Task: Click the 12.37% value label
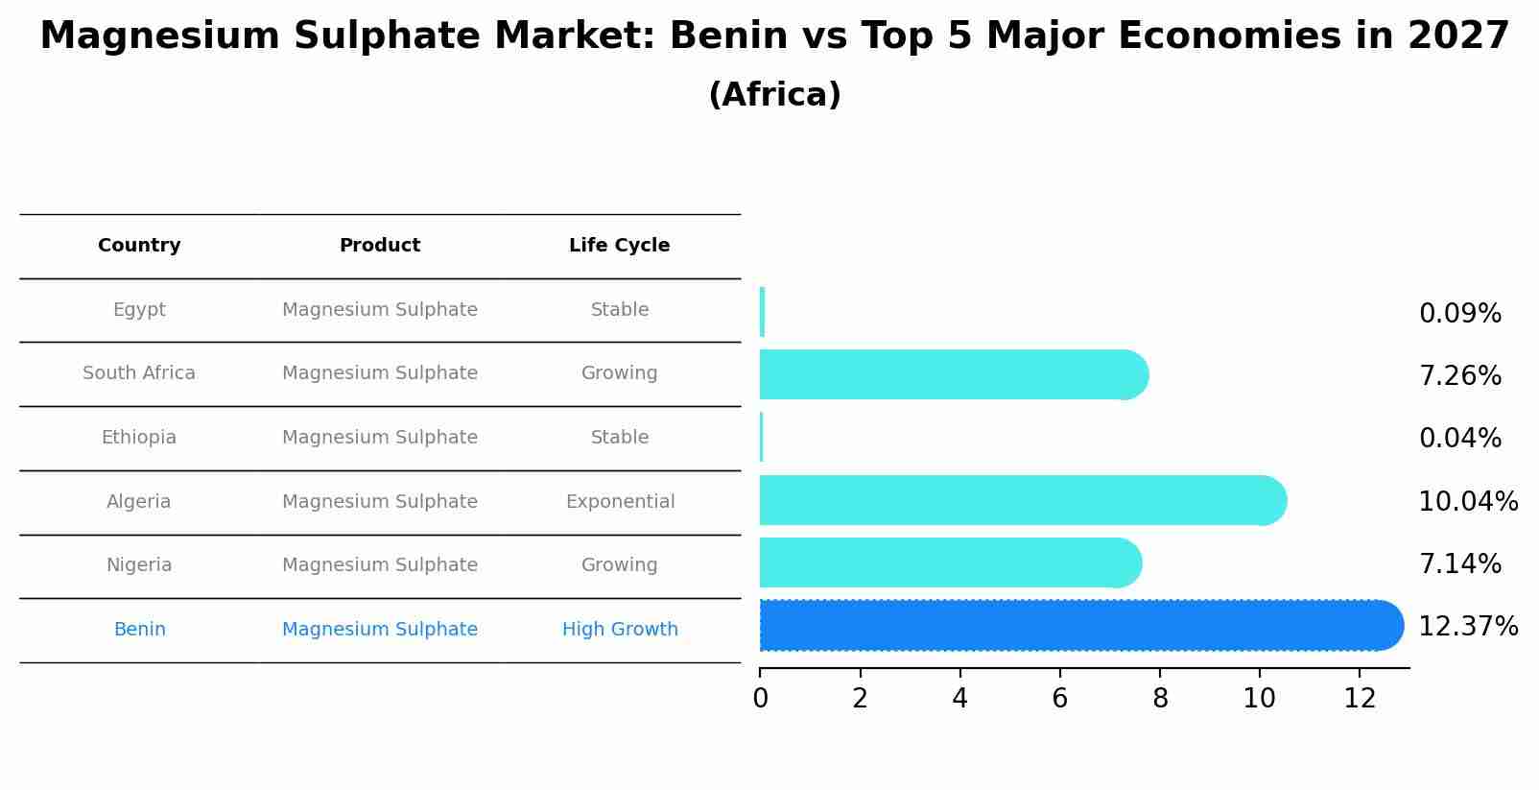tap(1467, 627)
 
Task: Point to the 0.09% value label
tap(1459, 314)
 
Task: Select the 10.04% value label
tap(1467, 502)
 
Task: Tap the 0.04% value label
tap(1459, 439)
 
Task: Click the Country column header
tap(139, 246)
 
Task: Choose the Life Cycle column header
tap(619, 246)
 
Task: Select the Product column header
tap(380, 246)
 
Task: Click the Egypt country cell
tap(139, 310)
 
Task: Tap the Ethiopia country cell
tap(139, 438)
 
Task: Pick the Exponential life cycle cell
tap(620, 502)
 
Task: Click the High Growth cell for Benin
tap(620, 630)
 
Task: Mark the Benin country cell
tap(139, 630)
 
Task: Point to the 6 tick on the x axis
tap(1059, 699)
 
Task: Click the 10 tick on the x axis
tap(1259, 699)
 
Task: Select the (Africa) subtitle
tap(774, 95)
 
